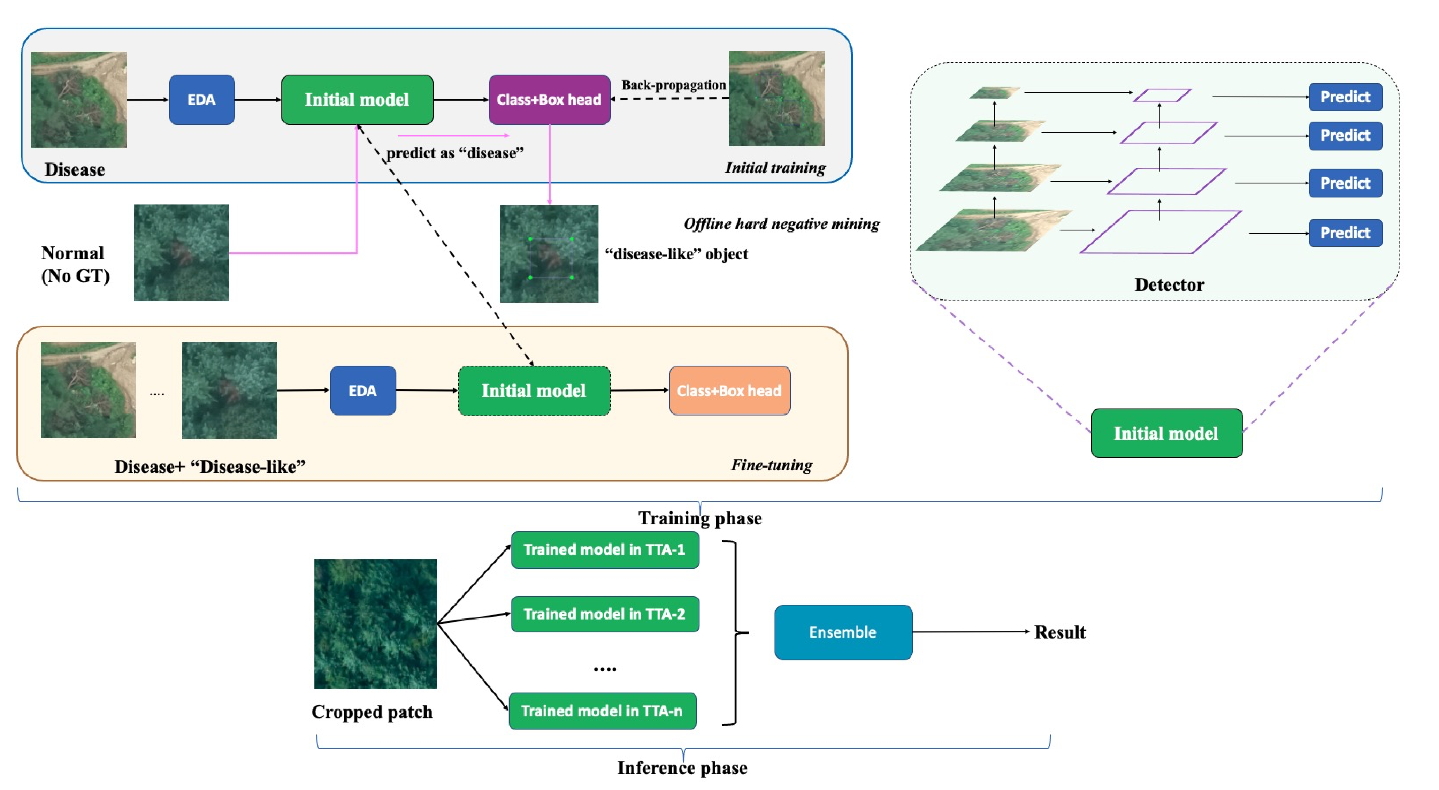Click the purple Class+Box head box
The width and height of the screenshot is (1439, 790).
(549, 99)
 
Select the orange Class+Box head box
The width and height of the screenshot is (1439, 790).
(729, 390)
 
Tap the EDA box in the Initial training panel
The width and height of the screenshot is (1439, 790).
(202, 99)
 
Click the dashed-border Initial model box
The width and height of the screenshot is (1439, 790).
(534, 390)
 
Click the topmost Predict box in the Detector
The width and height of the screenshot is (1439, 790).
(1345, 97)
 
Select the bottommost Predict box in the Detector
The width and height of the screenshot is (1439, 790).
(1345, 233)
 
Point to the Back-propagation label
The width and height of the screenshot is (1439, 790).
(674, 85)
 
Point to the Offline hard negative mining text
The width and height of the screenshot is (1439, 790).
(781, 223)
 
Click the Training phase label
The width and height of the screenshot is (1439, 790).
(699, 518)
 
